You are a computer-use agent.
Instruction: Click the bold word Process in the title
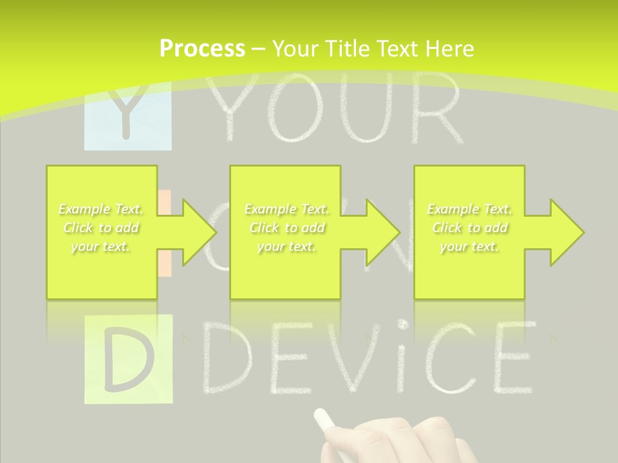point(202,48)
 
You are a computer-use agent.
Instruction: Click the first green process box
point(102,270)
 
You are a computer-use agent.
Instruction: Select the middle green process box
point(285,270)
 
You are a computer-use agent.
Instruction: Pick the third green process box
point(469,270)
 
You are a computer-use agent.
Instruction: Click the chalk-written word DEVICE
point(367,358)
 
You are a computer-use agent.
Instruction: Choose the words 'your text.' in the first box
point(100,246)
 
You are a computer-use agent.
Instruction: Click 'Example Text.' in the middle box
point(286,209)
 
